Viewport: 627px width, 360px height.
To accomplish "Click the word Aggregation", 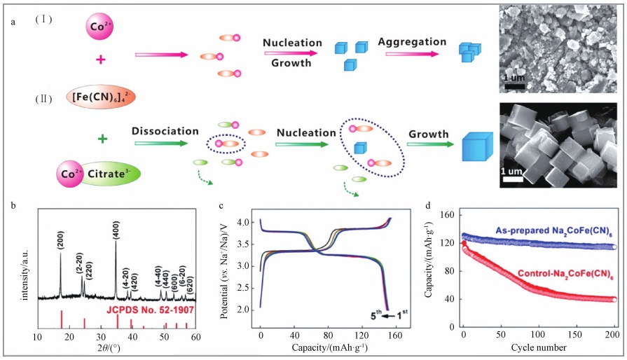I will [x=412, y=43].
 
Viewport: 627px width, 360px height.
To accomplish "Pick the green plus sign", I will [x=102, y=138].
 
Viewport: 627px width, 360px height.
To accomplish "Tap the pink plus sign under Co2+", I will [x=100, y=62].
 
